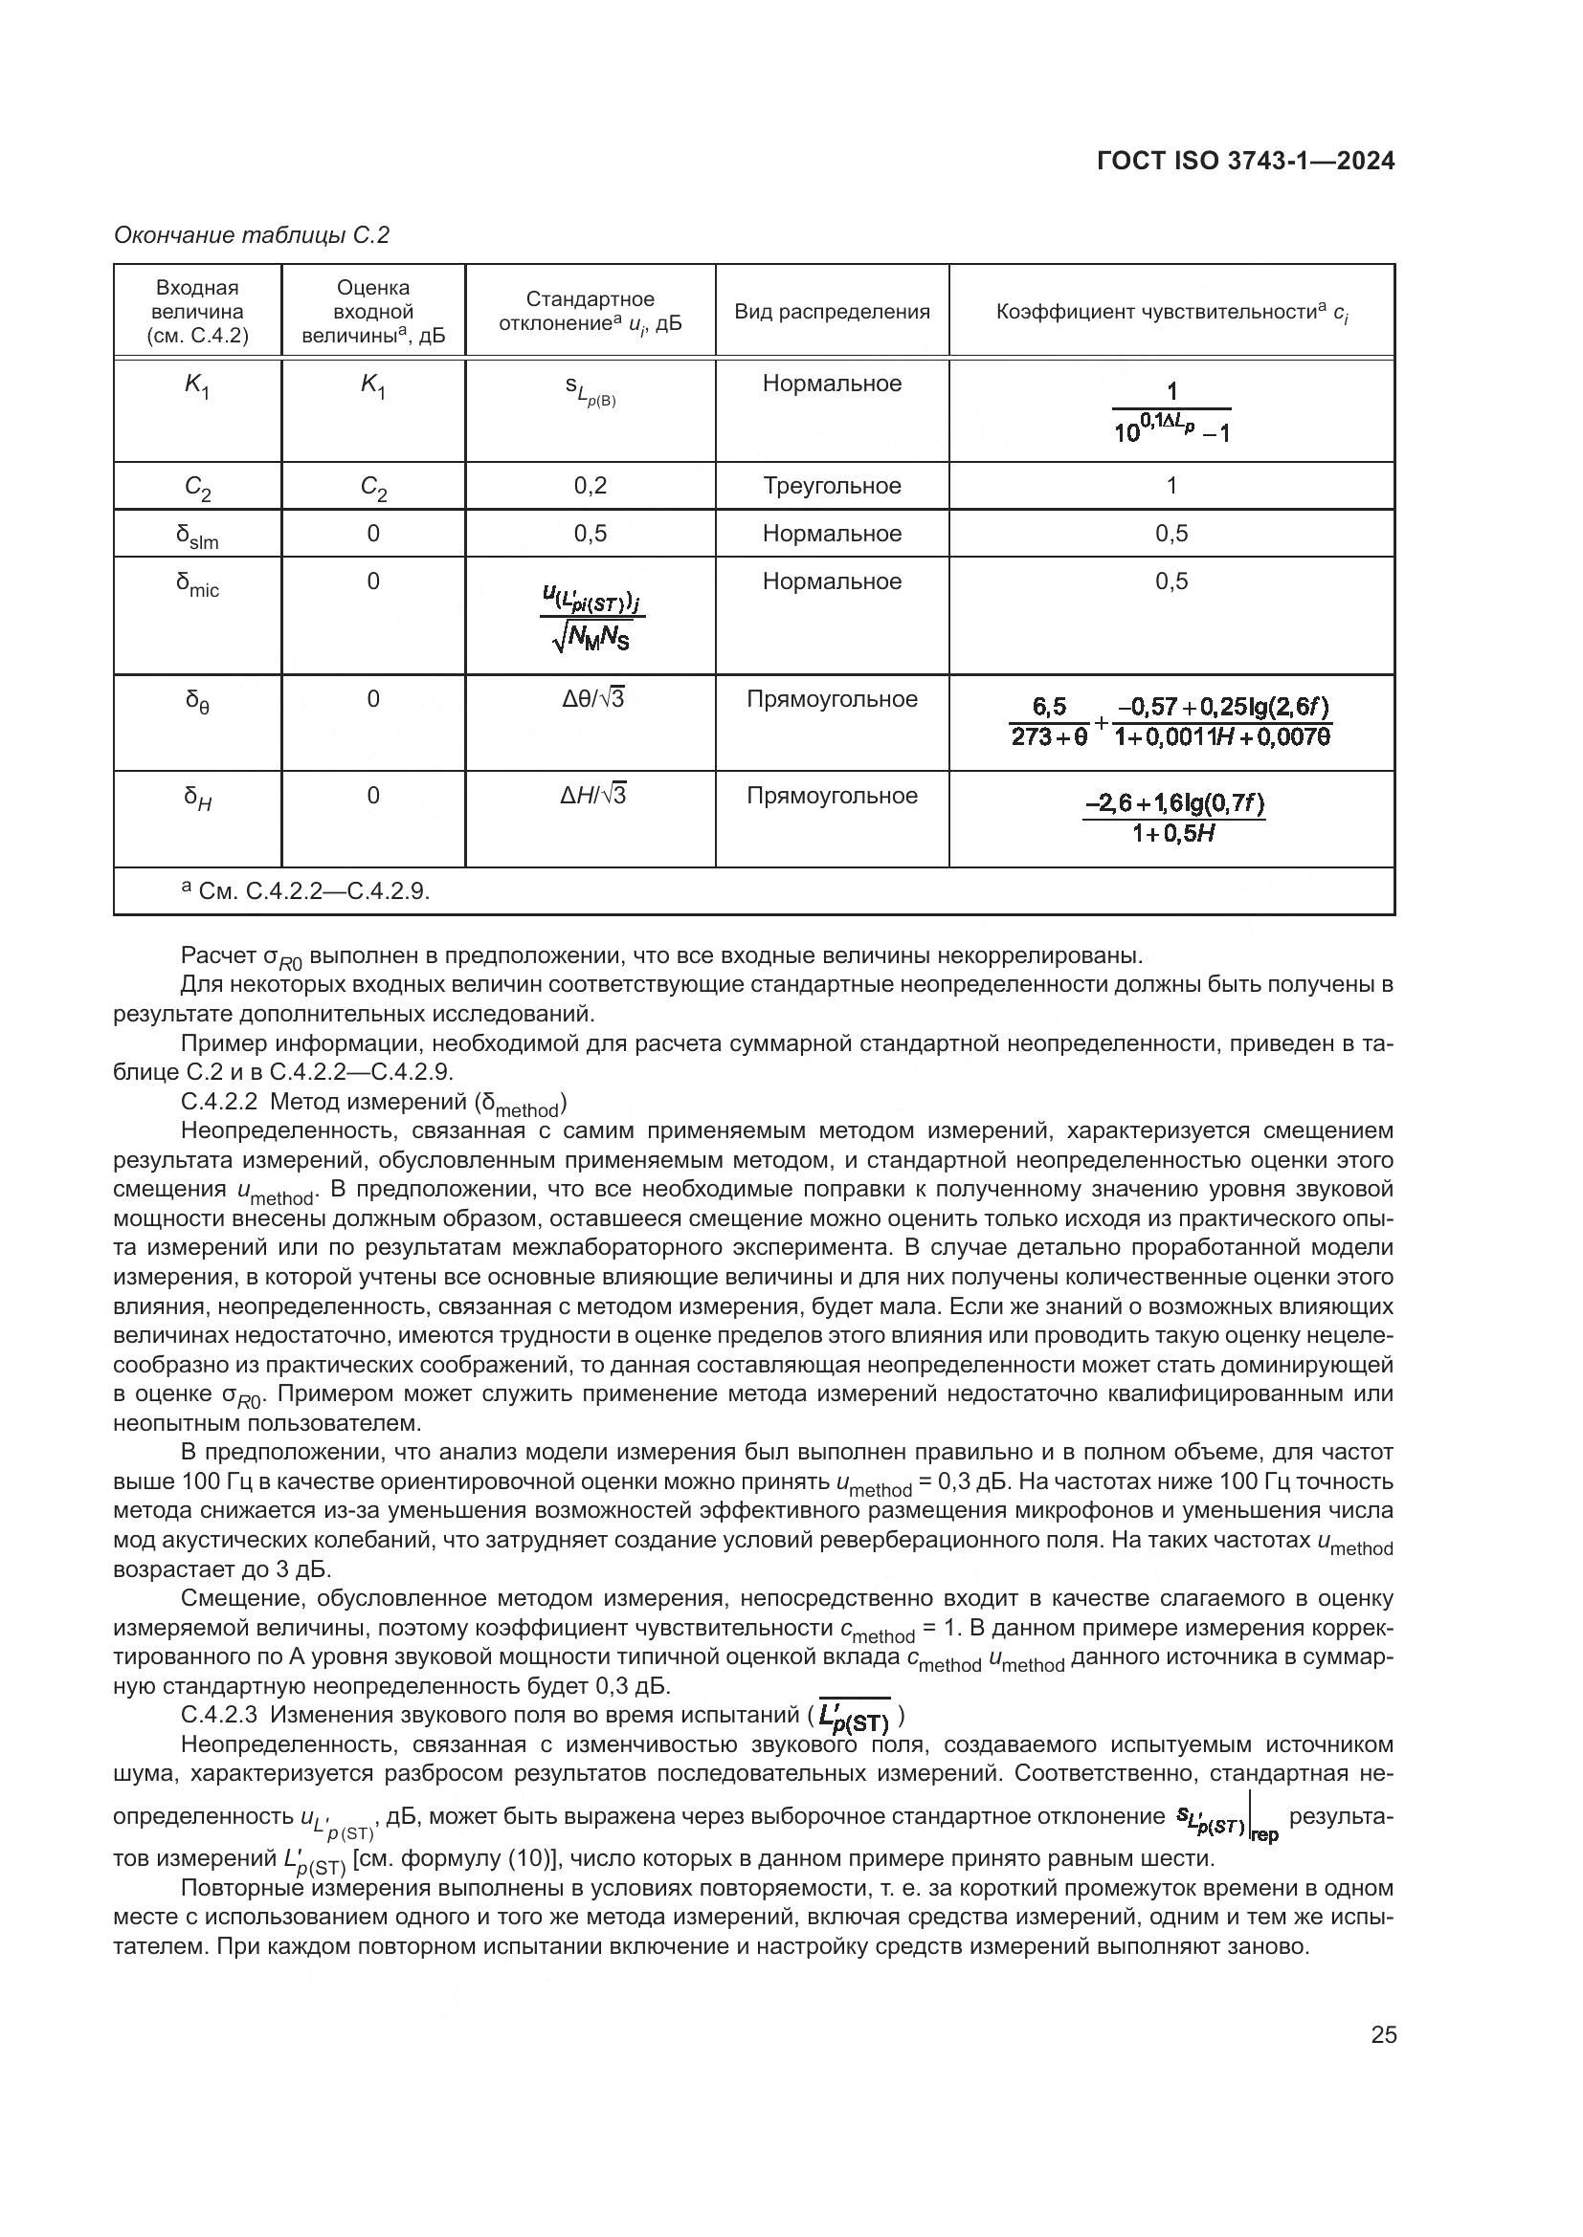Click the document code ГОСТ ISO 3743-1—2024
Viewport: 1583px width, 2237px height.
[1245, 161]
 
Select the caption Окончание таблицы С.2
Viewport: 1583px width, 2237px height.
[252, 235]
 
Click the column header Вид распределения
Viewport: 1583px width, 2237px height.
[832, 312]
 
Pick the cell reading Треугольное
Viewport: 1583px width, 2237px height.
[832, 485]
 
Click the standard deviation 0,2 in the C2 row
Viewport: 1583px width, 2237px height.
[590, 485]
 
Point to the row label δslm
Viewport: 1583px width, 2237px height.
[197, 535]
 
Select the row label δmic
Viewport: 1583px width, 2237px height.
[197, 583]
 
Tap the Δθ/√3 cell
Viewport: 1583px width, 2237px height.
[591, 698]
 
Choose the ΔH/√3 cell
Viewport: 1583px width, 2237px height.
[591, 795]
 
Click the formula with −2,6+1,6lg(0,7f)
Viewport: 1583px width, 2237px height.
[1172, 818]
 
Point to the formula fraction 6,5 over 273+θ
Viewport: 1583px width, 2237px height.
[1049, 722]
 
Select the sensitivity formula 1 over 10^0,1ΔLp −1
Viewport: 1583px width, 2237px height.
[1171, 412]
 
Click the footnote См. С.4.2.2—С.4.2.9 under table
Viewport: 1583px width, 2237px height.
[306, 890]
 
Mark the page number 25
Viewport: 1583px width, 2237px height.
[1383, 2034]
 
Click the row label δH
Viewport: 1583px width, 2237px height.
[197, 798]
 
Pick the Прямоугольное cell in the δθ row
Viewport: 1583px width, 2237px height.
[832, 698]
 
